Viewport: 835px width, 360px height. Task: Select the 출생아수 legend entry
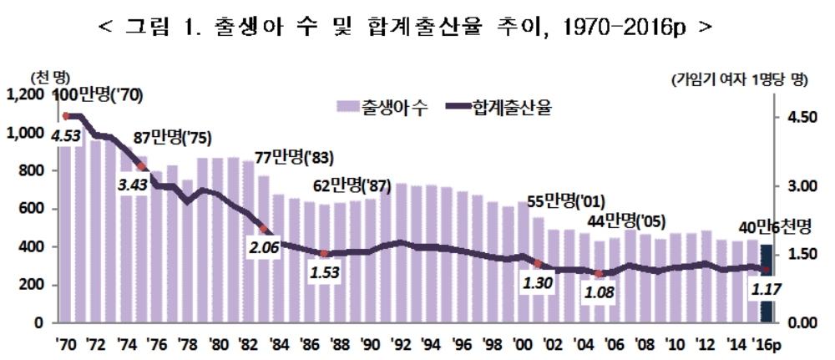(383, 107)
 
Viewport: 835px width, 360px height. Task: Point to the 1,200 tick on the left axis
(25, 95)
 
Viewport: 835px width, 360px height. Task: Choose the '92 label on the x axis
(401, 343)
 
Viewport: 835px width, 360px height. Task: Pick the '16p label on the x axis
(765, 343)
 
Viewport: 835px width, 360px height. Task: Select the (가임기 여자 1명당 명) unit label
(739, 80)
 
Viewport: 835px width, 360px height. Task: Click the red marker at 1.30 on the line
(537, 263)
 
